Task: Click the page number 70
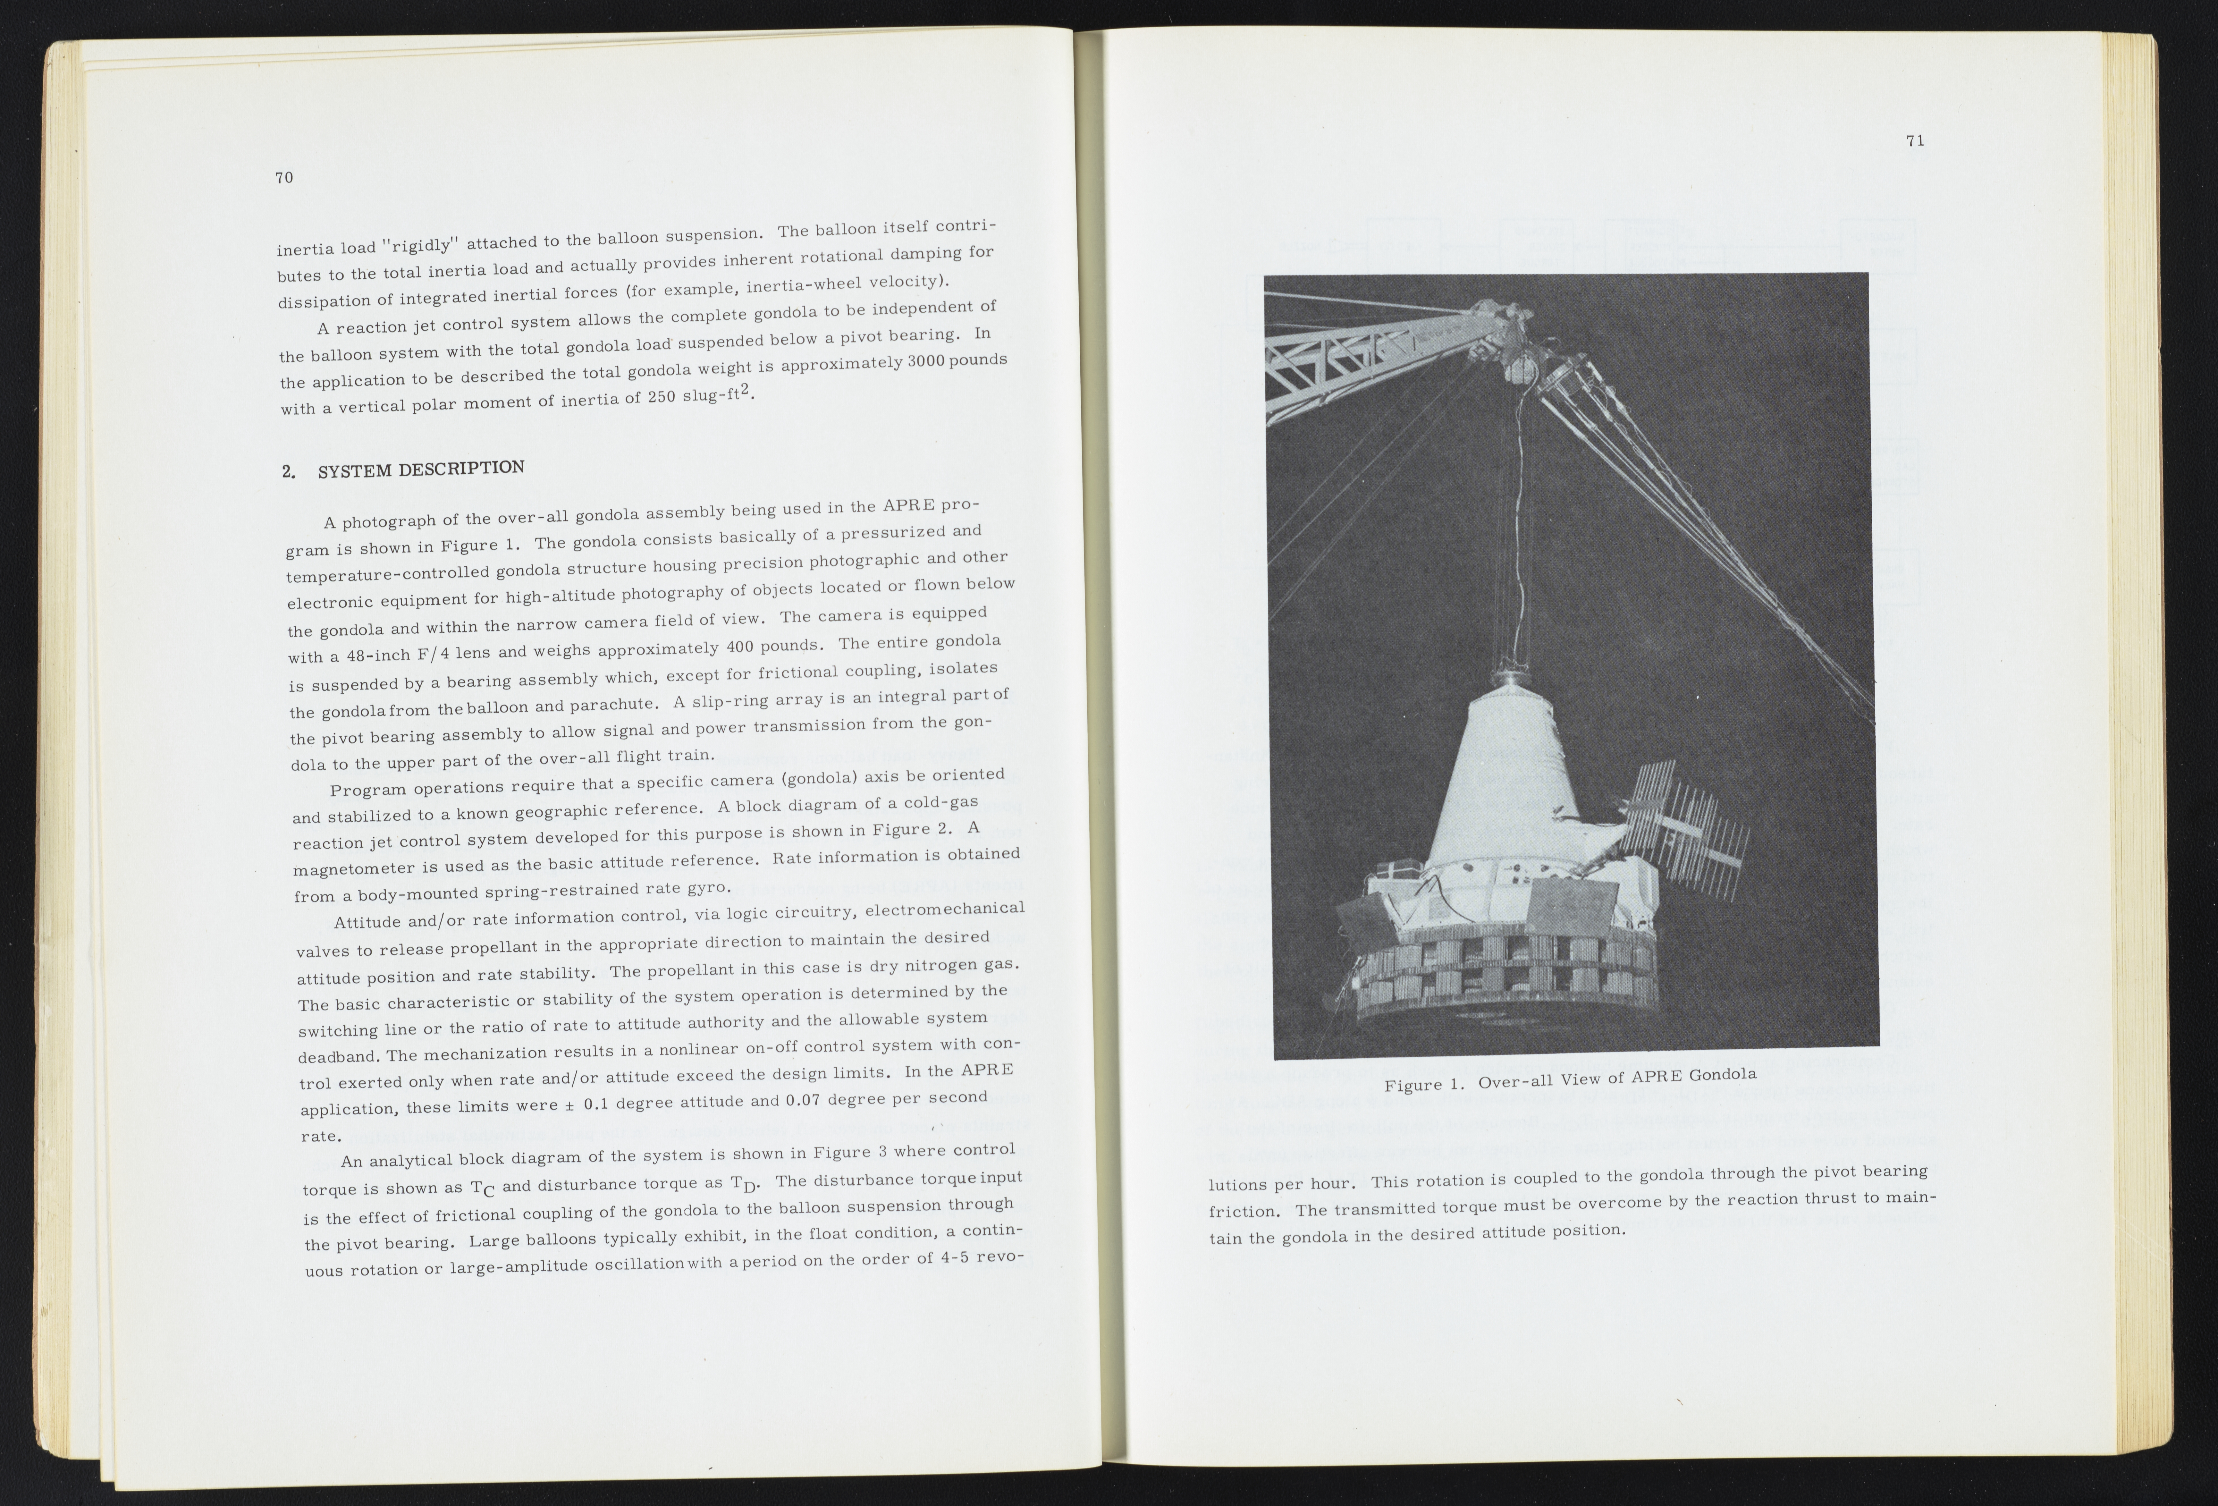click(x=283, y=178)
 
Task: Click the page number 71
click(x=1915, y=141)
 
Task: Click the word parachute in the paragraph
click(x=611, y=706)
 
